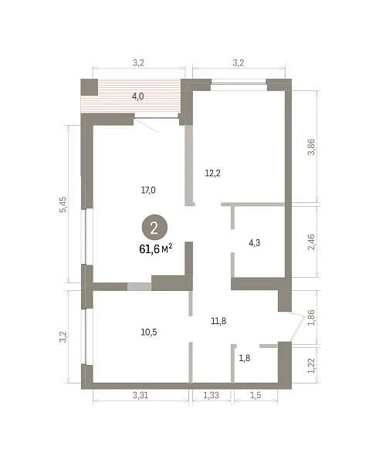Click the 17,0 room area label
coord(148,190)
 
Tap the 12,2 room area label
coord(213,173)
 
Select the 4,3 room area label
coord(255,243)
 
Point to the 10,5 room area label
coord(149,332)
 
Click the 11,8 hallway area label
coord(218,321)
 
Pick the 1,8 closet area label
coord(244,358)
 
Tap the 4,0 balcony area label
coord(137,96)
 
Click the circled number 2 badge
coord(154,228)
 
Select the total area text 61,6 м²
coord(156,249)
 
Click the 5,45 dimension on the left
coord(63,204)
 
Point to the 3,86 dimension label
coord(311,147)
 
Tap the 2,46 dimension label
coord(311,242)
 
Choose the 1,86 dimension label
coord(311,317)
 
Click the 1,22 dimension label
coord(311,366)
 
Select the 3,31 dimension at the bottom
coord(140,395)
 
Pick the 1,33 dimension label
coord(211,395)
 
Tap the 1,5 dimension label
coord(255,395)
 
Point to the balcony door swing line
coord(146,126)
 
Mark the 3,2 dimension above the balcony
coord(138,63)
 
